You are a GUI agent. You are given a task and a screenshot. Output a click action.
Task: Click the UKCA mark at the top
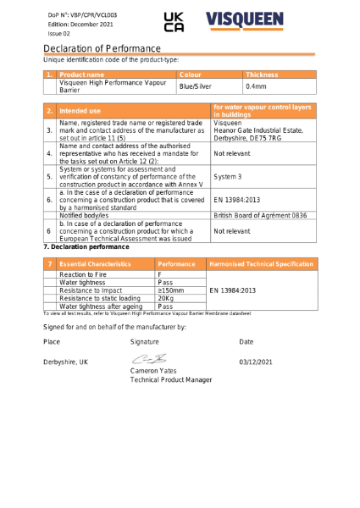(x=173, y=22)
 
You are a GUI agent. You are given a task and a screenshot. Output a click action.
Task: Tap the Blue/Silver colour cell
(x=195, y=86)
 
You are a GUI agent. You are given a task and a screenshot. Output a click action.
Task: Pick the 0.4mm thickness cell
(x=256, y=86)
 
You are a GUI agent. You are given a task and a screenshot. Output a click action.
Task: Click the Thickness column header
(x=262, y=75)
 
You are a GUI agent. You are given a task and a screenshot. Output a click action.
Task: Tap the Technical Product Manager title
(x=171, y=381)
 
